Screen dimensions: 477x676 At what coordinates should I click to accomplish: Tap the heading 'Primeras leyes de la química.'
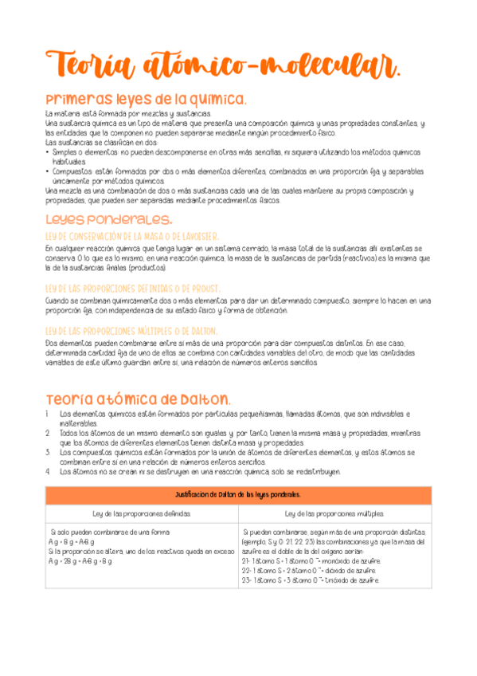(146, 99)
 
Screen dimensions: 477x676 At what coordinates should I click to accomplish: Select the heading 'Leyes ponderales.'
(108, 218)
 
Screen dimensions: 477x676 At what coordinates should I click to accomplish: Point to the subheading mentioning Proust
(132, 288)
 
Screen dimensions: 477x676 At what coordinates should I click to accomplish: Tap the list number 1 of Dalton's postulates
(49, 414)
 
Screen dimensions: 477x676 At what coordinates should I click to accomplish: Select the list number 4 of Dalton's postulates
(49, 471)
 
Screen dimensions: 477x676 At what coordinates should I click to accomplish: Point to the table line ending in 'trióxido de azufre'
(305, 580)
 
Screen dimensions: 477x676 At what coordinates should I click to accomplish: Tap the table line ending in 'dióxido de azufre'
(304, 570)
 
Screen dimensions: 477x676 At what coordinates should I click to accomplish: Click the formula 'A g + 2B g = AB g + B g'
(80, 560)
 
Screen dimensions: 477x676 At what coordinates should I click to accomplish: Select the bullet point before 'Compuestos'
(49, 171)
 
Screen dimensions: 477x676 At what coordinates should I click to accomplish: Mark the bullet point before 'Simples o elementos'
(49, 151)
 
